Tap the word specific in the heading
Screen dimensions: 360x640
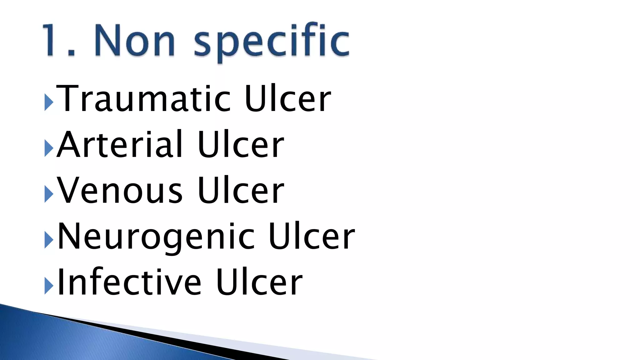coord(271,42)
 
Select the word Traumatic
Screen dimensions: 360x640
coord(143,99)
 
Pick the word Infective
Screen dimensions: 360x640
coord(129,282)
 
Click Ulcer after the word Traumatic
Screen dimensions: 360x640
coord(287,99)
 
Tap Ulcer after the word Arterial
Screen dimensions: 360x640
coord(241,144)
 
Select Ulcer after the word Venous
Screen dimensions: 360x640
coord(241,190)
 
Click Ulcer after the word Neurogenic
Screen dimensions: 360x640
coord(312,237)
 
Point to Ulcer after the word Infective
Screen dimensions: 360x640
coord(259,282)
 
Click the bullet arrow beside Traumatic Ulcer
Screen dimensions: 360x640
coord(49,102)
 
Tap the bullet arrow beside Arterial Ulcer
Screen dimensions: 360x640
coord(49,148)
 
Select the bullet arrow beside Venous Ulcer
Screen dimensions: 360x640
coord(49,194)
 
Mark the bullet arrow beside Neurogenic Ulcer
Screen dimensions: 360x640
coord(49,240)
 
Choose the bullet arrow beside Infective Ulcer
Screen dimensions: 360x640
coord(49,286)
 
